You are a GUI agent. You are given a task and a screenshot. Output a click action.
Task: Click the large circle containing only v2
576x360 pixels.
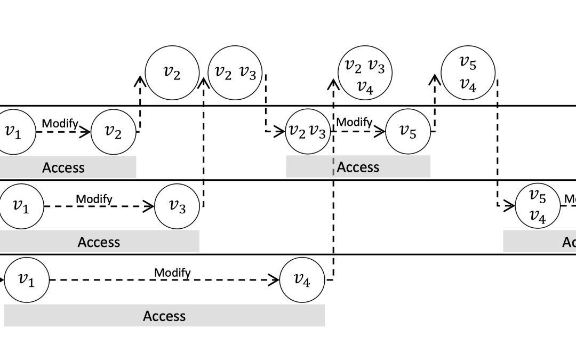point(172,73)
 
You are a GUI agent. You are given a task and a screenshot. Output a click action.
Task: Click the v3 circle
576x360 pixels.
point(177,206)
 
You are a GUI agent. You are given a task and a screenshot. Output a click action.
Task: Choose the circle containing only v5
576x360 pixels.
point(408,132)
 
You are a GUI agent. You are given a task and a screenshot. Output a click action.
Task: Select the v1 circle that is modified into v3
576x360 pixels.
point(21,206)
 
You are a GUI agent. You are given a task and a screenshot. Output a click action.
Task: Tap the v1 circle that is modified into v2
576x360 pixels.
point(13,132)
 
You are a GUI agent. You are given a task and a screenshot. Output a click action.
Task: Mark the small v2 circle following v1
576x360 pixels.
point(113,132)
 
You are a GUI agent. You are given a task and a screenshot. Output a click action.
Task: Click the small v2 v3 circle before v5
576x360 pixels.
point(308,132)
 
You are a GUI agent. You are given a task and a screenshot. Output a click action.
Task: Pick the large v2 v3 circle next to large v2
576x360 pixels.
point(235,73)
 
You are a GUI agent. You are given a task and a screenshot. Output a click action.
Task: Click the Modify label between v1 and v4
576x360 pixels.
point(172,273)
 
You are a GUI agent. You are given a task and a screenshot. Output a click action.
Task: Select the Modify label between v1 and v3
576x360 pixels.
point(94,199)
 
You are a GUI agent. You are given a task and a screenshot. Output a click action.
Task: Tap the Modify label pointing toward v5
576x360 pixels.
point(354,122)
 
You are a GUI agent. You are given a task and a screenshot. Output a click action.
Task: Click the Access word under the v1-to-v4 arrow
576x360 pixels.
point(164,316)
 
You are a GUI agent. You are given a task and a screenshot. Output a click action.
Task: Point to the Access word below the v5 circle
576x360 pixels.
point(358,167)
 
